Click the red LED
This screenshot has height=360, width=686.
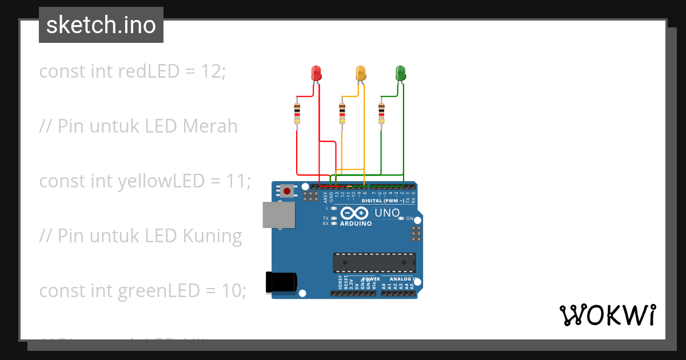[x=316, y=73]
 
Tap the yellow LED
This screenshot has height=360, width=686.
[x=360, y=73]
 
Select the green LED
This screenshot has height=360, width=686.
[x=401, y=73]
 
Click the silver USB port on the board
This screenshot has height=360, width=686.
[x=279, y=215]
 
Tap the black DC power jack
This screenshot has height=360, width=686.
[x=281, y=283]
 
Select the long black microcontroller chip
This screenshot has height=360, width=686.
[x=374, y=262]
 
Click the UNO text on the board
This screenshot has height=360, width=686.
[x=387, y=213]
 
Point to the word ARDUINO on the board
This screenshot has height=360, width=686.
[x=356, y=224]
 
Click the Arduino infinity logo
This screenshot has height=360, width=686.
[x=354, y=214]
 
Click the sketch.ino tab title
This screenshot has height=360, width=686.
[x=101, y=25]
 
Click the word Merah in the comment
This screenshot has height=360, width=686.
[x=210, y=126]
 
